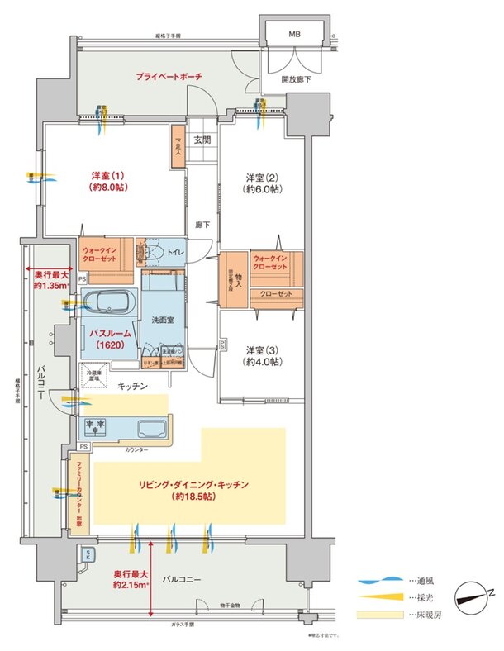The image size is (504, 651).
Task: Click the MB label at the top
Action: pos(295,36)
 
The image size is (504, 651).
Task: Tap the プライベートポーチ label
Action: pos(169,77)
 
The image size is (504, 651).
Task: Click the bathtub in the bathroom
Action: pos(109,302)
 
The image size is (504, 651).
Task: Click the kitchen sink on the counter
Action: pos(154,430)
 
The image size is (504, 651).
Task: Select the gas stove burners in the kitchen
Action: pos(97,427)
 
